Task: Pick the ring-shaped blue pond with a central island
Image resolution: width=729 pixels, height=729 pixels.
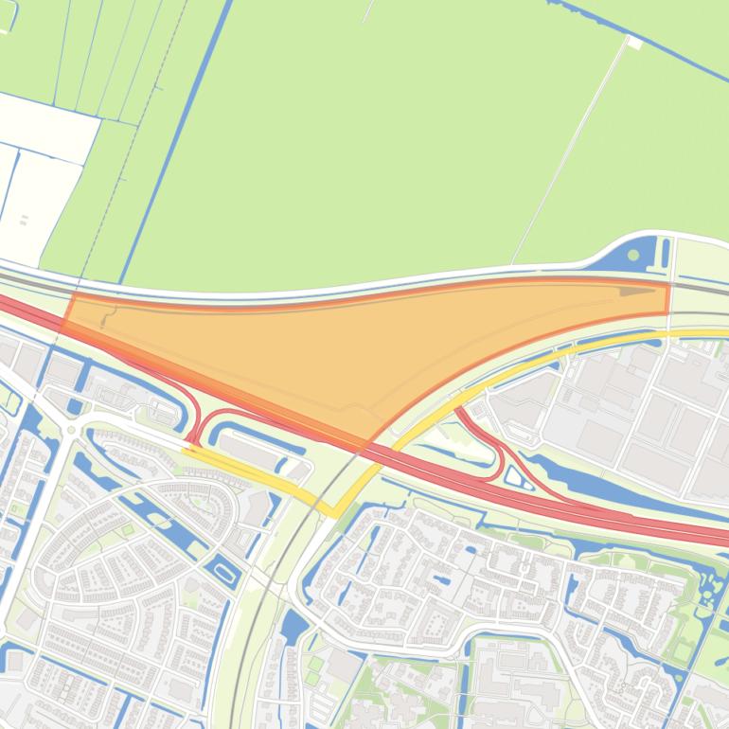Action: pyautogui.click(x=223, y=572)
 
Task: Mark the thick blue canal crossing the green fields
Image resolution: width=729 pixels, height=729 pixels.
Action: pyautogui.click(x=175, y=142)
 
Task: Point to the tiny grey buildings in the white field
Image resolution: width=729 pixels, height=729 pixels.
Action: pyautogui.click(x=24, y=221)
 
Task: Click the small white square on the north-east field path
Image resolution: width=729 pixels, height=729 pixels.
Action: pyautogui.click(x=635, y=43)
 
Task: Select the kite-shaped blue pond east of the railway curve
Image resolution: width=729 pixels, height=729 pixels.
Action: pyautogui.click(x=293, y=624)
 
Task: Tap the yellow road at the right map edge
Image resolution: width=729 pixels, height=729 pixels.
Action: pyautogui.click(x=715, y=334)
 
